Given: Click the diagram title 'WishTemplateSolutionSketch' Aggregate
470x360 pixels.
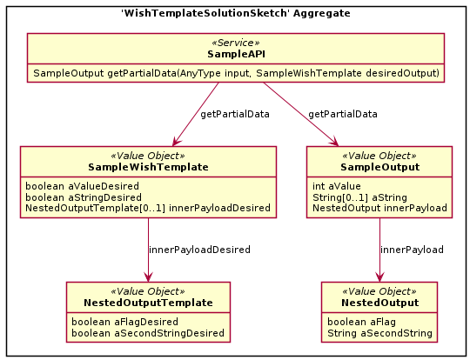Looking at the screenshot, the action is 236,13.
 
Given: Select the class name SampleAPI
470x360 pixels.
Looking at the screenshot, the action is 236,54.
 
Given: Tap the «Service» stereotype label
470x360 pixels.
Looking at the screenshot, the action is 236,43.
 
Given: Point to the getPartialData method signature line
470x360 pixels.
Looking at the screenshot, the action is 236,73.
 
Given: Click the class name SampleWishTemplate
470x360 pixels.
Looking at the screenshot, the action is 148,167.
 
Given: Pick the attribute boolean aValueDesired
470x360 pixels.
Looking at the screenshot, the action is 82,186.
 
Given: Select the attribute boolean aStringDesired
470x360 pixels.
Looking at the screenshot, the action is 84,197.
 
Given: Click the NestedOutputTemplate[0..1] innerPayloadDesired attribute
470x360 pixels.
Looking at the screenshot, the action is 148,208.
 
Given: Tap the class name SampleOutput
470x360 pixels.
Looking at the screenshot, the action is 379,167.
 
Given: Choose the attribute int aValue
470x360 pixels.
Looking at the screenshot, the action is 336,186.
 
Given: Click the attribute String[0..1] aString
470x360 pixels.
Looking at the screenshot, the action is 359,197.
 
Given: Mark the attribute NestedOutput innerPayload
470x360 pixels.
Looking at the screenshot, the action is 379,208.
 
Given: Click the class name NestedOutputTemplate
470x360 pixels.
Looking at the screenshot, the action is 148,303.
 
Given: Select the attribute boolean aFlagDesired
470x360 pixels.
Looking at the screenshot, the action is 124,322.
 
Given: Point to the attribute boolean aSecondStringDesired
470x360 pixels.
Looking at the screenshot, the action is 148,333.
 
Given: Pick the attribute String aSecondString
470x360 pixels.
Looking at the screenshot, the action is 379,333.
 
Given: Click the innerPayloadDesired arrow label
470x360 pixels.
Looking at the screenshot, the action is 199,250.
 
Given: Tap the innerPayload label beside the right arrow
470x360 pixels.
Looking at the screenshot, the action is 412,250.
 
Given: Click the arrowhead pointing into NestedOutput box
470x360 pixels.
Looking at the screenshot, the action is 379,277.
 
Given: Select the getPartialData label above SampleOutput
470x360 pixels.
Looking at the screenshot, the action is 343,114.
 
